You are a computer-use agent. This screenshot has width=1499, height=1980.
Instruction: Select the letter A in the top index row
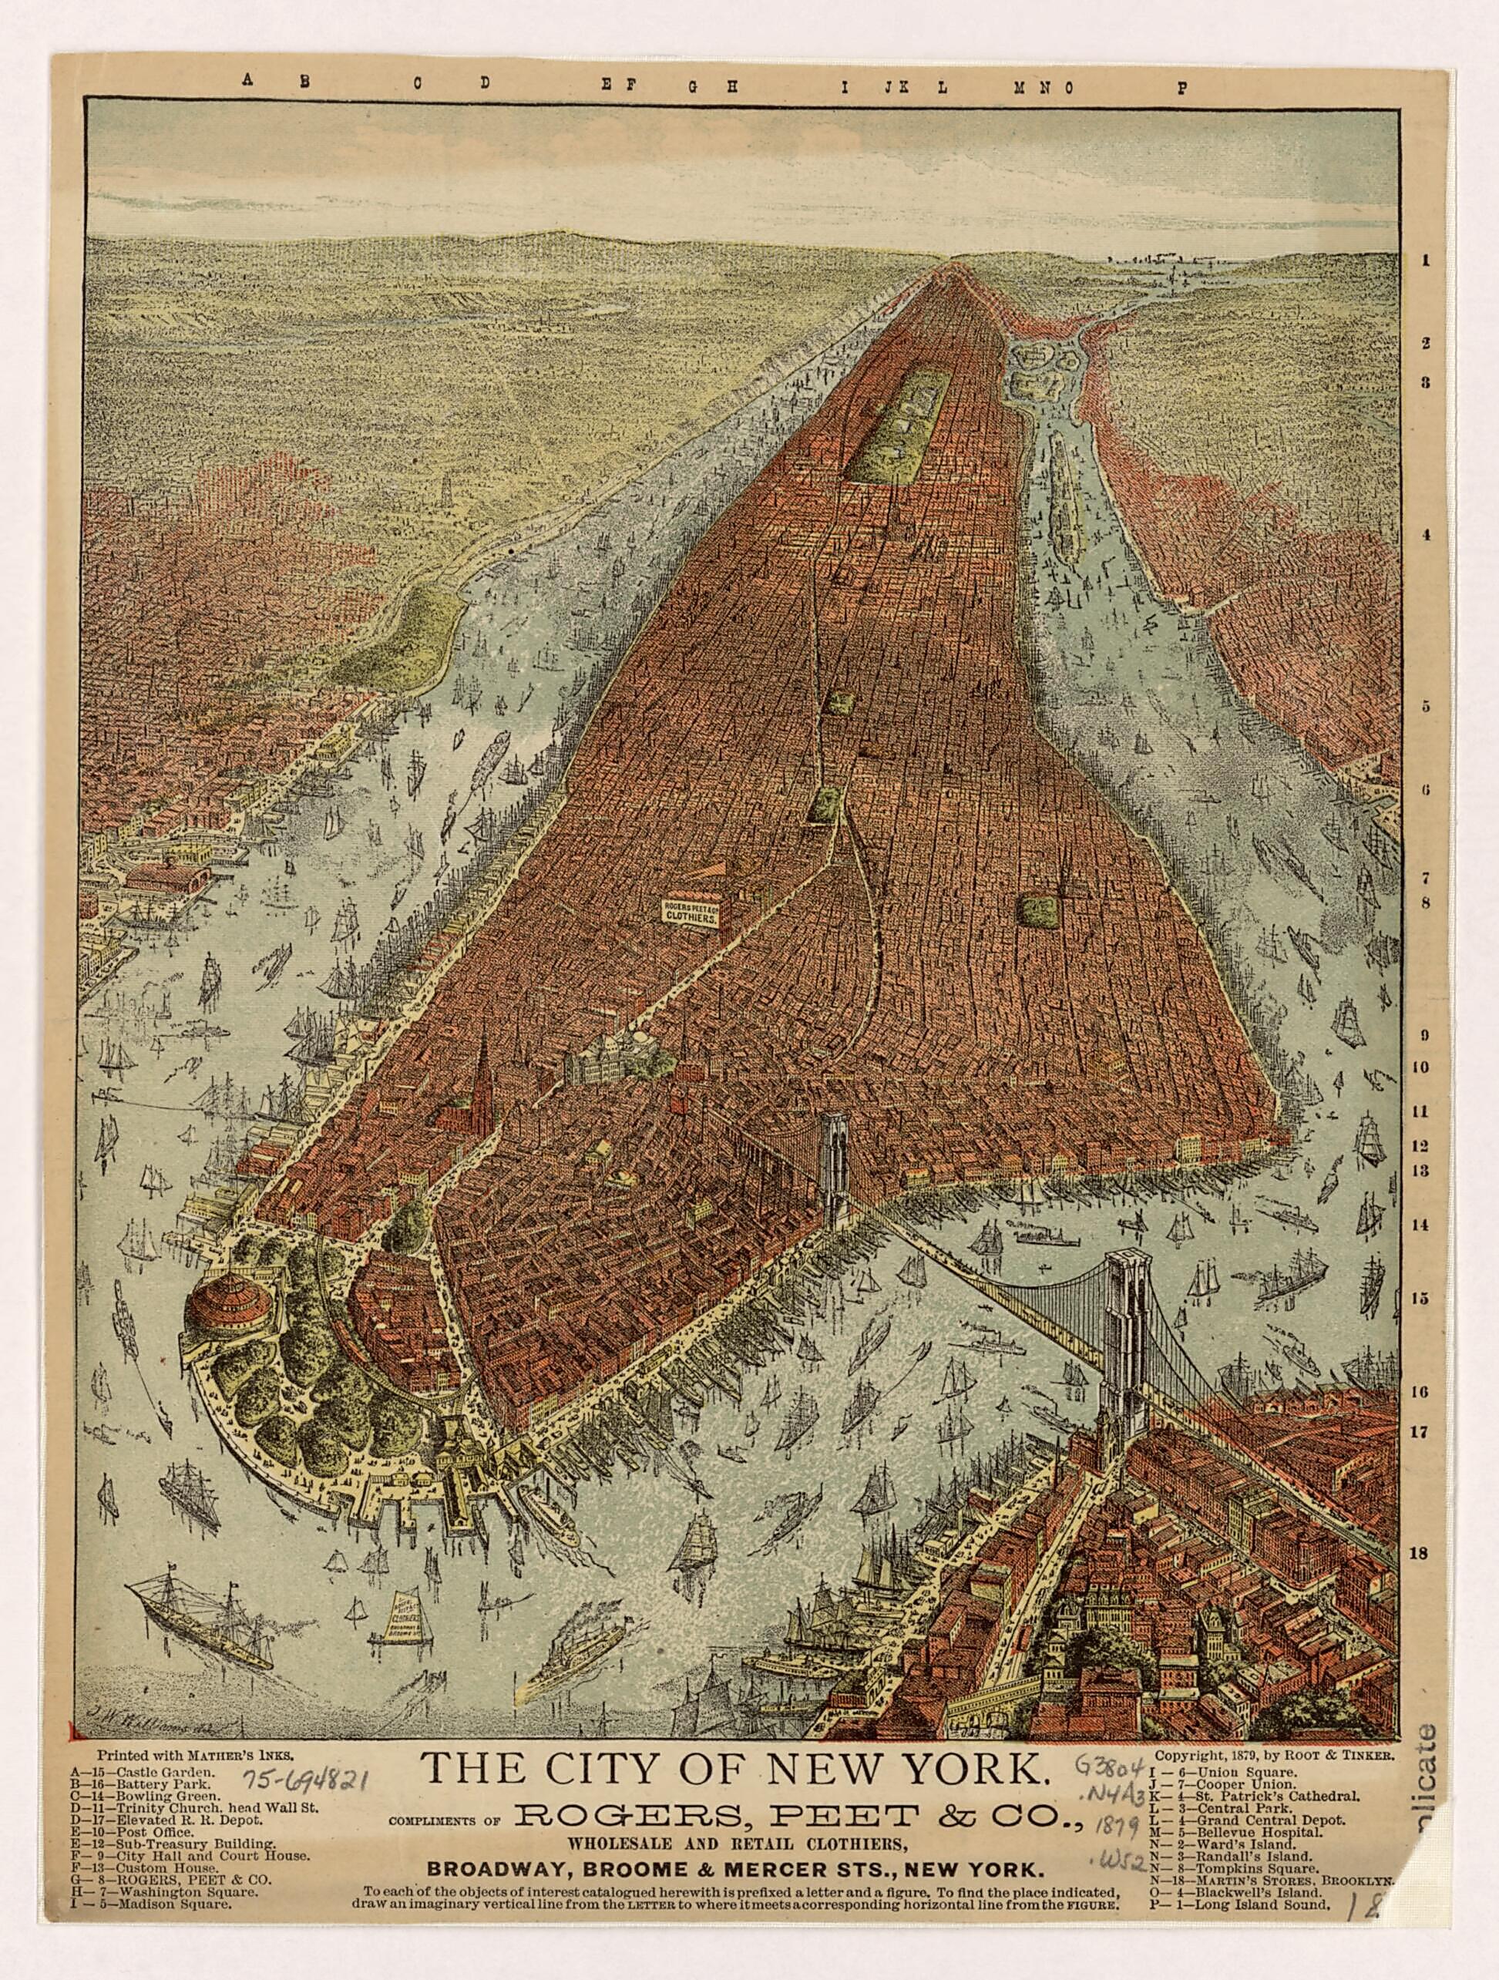tap(248, 79)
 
